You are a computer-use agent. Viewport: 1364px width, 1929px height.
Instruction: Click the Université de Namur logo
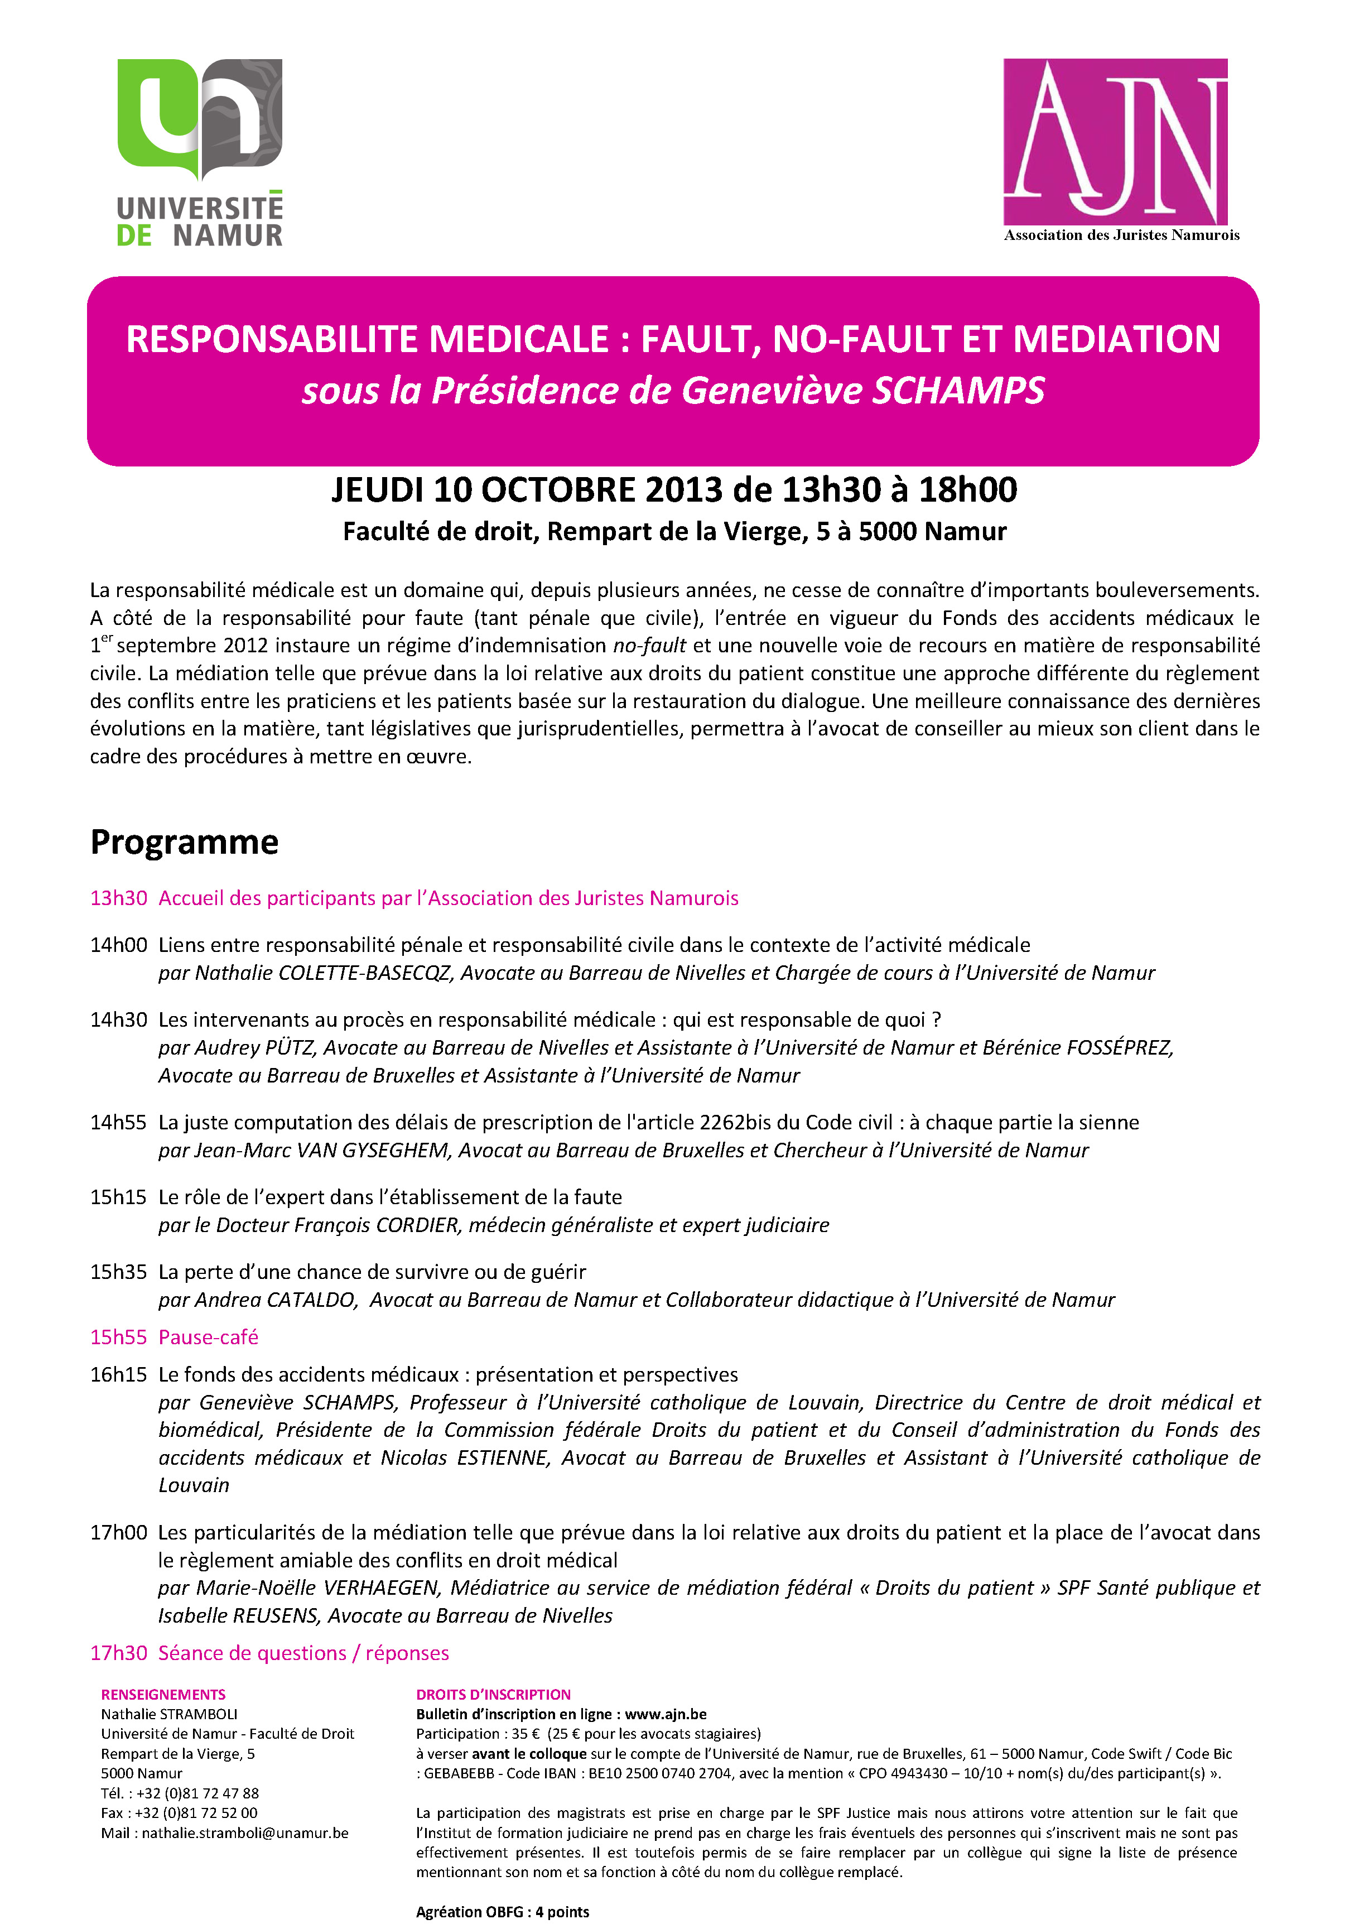tap(200, 151)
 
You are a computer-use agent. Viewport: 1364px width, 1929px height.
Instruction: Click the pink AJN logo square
tap(1115, 141)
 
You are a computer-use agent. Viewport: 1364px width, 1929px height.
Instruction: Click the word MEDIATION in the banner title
tap(1116, 339)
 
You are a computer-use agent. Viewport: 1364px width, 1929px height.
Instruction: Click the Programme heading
tap(184, 842)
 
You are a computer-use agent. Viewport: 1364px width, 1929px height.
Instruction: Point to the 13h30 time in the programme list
tap(118, 898)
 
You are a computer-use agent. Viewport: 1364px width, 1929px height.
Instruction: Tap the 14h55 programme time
tap(118, 1123)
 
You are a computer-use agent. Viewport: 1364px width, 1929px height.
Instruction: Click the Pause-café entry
tap(208, 1337)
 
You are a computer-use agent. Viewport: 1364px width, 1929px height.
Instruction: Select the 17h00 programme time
tap(118, 1532)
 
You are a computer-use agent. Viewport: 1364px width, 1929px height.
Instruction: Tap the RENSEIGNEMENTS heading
tap(163, 1695)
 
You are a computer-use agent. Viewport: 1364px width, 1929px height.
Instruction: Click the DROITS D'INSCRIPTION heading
tap(493, 1695)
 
